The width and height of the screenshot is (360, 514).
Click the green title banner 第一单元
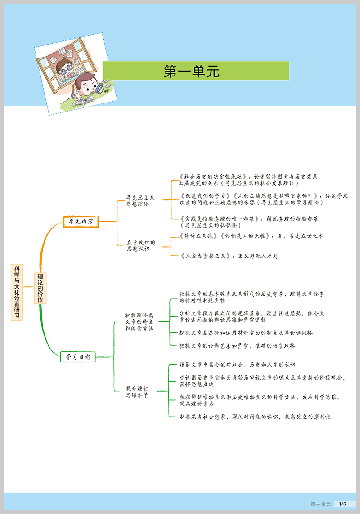tap(196, 71)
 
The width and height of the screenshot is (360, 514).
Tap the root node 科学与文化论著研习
tap(17, 292)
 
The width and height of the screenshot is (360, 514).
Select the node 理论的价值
tap(40, 288)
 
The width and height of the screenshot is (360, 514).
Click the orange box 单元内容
tap(81, 221)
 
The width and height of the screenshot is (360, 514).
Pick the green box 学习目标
tap(78, 357)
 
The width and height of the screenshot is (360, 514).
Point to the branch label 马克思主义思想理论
tap(140, 201)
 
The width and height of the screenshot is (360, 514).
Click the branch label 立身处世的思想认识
tap(141, 246)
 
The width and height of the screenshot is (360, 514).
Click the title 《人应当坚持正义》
tap(205, 256)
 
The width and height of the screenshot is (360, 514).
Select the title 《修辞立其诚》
tap(198, 236)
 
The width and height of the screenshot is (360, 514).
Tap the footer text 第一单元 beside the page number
tap(320, 504)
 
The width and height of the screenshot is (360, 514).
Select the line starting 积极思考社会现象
tap(255, 417)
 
